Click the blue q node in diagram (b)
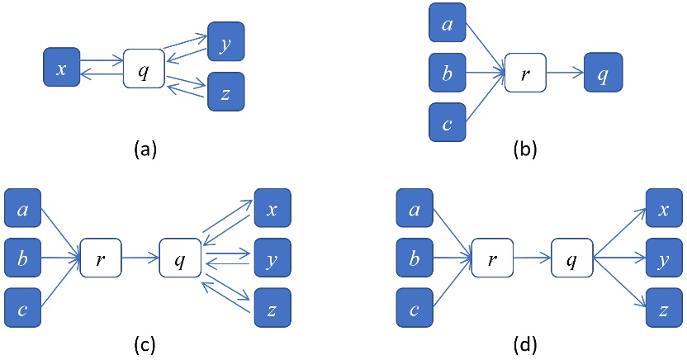tap(603, 73)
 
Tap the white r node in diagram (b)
tap(524, 73)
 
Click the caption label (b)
tap(526, 149)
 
